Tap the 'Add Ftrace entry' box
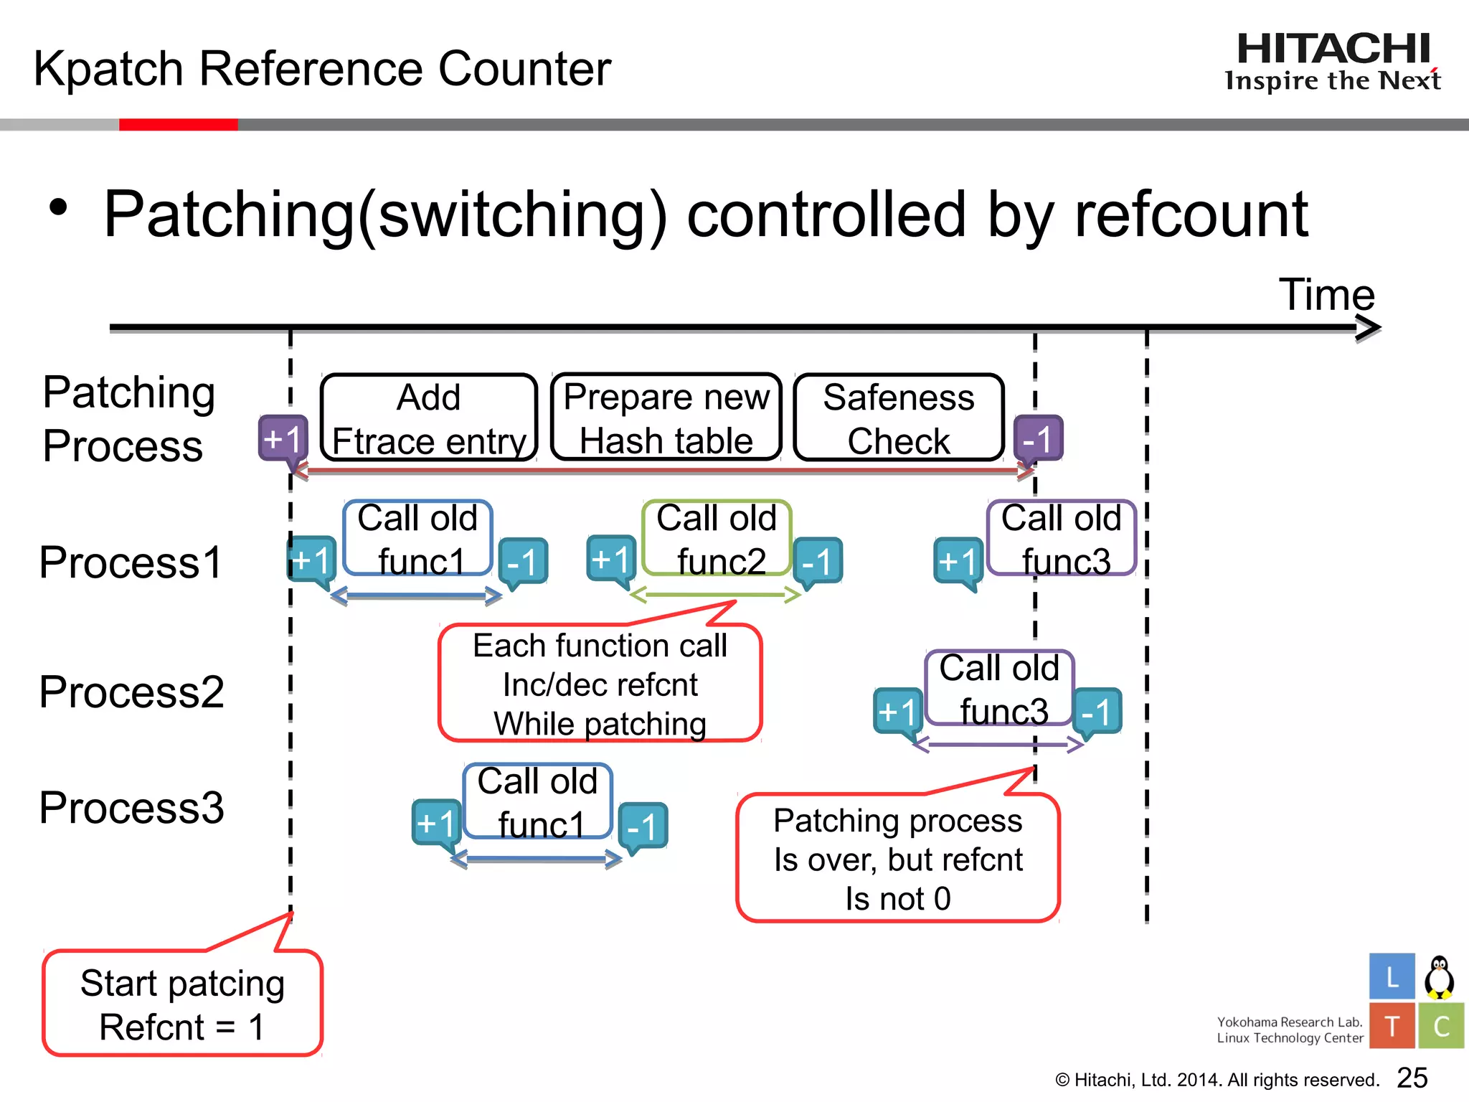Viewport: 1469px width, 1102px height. tap(429, 418)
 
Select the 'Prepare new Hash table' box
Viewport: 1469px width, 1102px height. tap(666, 418)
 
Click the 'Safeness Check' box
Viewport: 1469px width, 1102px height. tap(898, 418)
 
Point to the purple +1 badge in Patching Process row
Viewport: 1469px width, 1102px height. tap(283, 438)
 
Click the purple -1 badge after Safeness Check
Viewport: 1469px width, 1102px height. tap(1037, 438)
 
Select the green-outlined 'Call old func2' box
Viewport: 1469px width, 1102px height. tap(717, 538)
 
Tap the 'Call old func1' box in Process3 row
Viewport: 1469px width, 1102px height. tap(537, 801)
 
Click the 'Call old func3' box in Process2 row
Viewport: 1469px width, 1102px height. tap(999, 688)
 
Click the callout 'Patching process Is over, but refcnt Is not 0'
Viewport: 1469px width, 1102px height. tap(897, 858)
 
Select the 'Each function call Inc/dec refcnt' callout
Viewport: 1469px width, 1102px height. tap(600, 683)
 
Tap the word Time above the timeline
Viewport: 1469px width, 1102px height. tap(1326, 294)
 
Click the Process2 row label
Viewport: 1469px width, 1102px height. tap(131, 692)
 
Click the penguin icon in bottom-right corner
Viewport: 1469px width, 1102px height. tap(1439, 977)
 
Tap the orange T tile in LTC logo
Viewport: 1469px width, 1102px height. tap(1392, 1026)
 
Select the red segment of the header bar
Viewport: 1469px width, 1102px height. tap(178, 125)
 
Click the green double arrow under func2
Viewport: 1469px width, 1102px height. tap(715, 594)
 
